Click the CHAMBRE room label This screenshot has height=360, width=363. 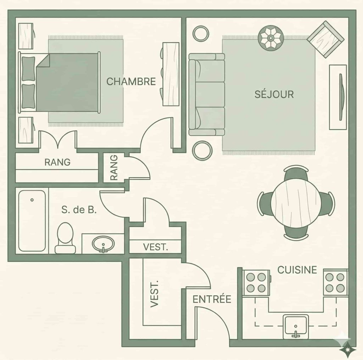click(x=131, y=81)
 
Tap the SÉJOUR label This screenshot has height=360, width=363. click(x=274, y=94)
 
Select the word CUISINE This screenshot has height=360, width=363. click(x=297, y=270)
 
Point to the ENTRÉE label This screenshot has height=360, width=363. click(x=212, y=299)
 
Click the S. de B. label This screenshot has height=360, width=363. click(x=79, y=210)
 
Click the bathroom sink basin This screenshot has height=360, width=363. click(x=103, y=244)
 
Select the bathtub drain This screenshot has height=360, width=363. click(x=32, y=200)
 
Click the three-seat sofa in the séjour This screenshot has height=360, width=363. click(x=207, y=94)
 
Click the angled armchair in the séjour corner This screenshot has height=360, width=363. click(x=325, y=40)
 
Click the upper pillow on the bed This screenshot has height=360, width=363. click(x=28, y=69)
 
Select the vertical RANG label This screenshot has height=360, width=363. click(x=114, y=168)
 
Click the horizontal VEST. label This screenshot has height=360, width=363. click(x=155, y=247)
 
